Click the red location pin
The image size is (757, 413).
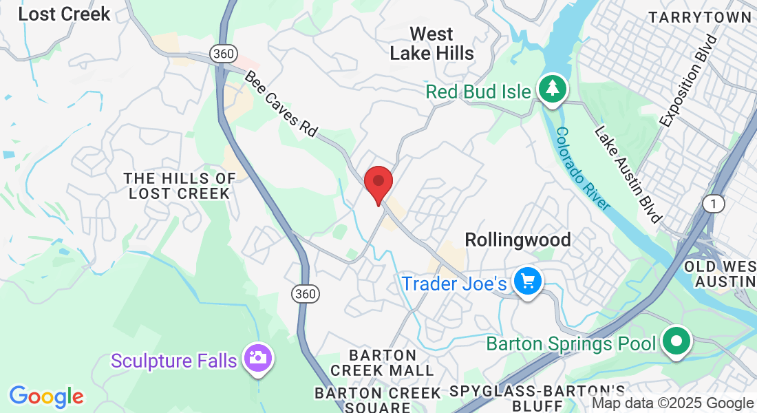click(378, 182)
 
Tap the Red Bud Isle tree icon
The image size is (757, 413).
click(552, 89)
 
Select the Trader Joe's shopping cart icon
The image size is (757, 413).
click(528, 282)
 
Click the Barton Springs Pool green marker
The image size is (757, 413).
click(676, 340)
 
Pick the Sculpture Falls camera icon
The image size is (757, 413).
click(258, 358)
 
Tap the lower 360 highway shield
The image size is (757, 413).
click(304, 294)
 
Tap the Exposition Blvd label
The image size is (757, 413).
click(688, 81)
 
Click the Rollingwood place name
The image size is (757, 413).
click(518, 240)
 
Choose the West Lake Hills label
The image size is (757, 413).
click(431, 43)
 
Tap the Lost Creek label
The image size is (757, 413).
click(64, 14)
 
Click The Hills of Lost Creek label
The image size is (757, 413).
click(179, 186)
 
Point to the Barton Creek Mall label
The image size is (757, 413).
click(383, 363)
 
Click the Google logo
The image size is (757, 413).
click(46, 396)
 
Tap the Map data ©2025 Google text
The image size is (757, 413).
click(673, 403)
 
